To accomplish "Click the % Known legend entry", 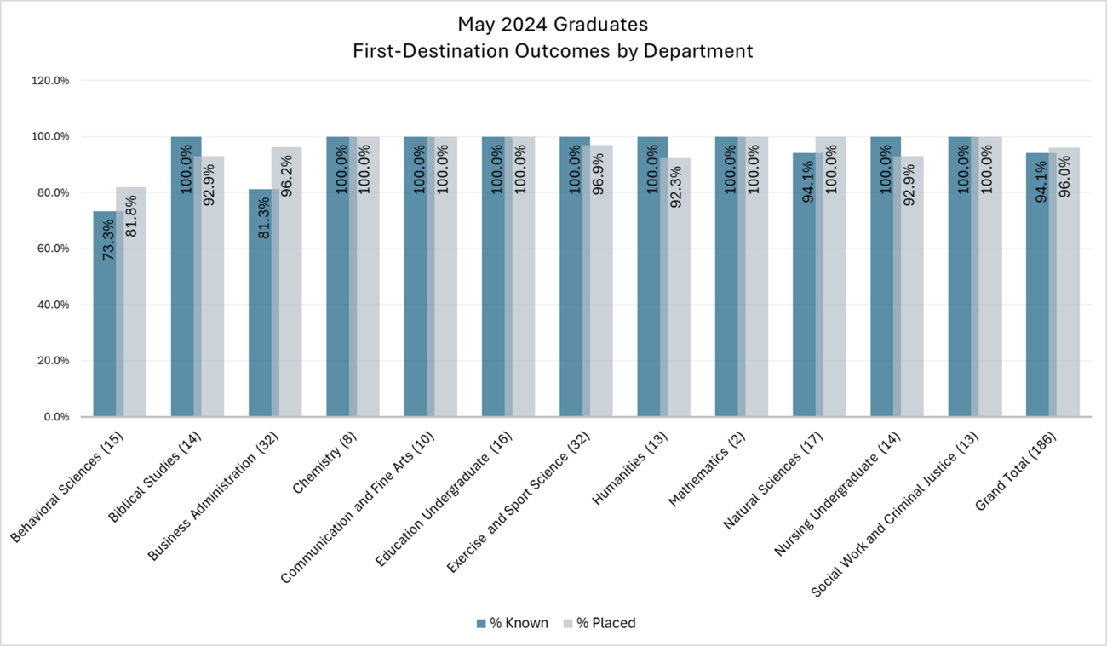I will (512, 623).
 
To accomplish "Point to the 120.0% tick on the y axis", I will (49, 81).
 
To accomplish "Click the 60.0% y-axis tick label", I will (52, 249).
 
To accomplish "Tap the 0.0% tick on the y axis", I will (55, 417).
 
